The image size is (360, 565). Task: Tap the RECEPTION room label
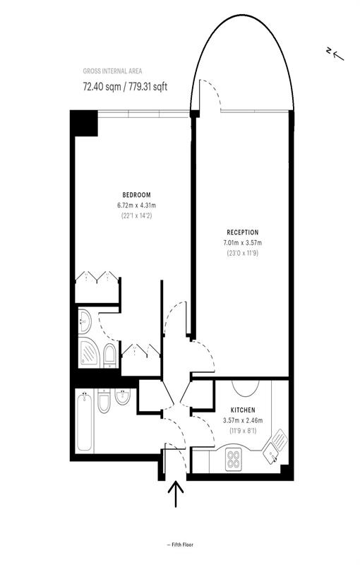[242, 232]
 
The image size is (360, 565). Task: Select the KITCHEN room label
[243, 410]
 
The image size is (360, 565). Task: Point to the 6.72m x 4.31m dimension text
[136, 206]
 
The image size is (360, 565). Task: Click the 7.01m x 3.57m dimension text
[242, 243]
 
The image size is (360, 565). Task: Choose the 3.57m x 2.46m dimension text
[243, 420]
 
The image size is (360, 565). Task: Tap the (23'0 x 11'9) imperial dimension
[242, 253]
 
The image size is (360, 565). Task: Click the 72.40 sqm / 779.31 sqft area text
[126, 87]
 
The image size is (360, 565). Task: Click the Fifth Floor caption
[181, 545]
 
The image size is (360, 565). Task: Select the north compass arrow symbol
[334, 53]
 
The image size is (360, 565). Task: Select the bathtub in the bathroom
[84, 422]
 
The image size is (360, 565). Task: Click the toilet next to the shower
[109, 355]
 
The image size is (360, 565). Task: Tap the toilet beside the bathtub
[103, 403]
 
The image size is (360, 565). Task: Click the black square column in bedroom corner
[83, 125]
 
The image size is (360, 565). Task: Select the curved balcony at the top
[242, 64]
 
